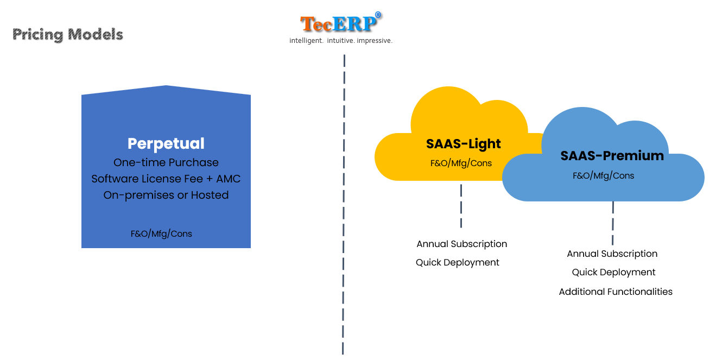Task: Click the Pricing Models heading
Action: (x=68, y=35)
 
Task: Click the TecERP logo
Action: (x=341, y=22)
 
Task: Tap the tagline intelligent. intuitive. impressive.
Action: (x=341, y=41)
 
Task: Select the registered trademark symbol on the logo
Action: (x=378, y=15)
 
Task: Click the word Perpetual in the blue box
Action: (x=166, y=143)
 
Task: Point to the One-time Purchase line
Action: (x=166, y=162)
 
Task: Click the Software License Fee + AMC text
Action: (x=166, y=179)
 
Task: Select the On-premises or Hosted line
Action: (x=166, y=195)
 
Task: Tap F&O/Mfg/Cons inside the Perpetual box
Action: (x=161, y=233)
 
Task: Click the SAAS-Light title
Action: (x=463, y=144)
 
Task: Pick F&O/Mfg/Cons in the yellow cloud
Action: (x=461, y=163)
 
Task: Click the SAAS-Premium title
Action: (x=612, y=156)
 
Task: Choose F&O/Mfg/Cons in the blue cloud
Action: (x=603, y=175)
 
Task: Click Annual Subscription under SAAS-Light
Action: (x=461, y=244)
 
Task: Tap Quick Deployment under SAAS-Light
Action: (x=458, y=262)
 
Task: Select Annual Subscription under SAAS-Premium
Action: (x=612, y=254)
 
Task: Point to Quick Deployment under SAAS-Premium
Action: (x=613, y=272)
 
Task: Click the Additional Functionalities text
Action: (x=616, y=292)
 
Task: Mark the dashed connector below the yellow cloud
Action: (x=461, y=206)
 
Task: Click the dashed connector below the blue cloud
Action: (x=613, y=223)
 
